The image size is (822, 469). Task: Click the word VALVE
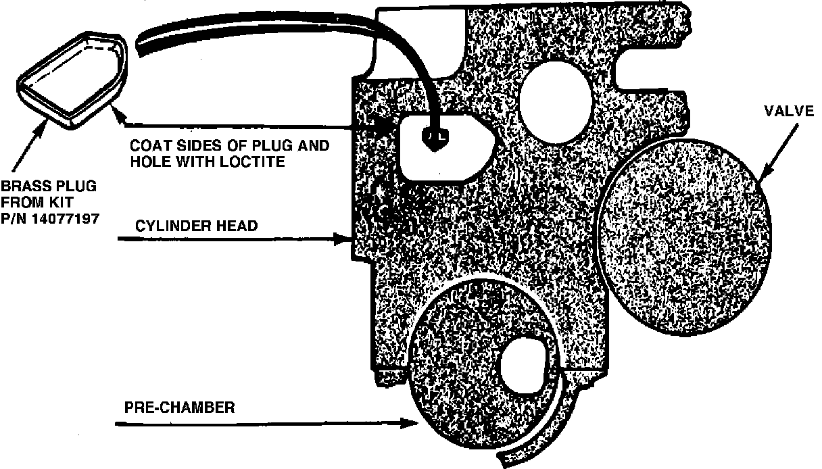point(790,111)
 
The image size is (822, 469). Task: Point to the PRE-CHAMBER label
point(179,408)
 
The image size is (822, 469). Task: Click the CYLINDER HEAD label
point(197,226)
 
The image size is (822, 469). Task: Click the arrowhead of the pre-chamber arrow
point(412,424)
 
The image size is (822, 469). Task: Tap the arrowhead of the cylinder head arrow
point(345,238)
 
